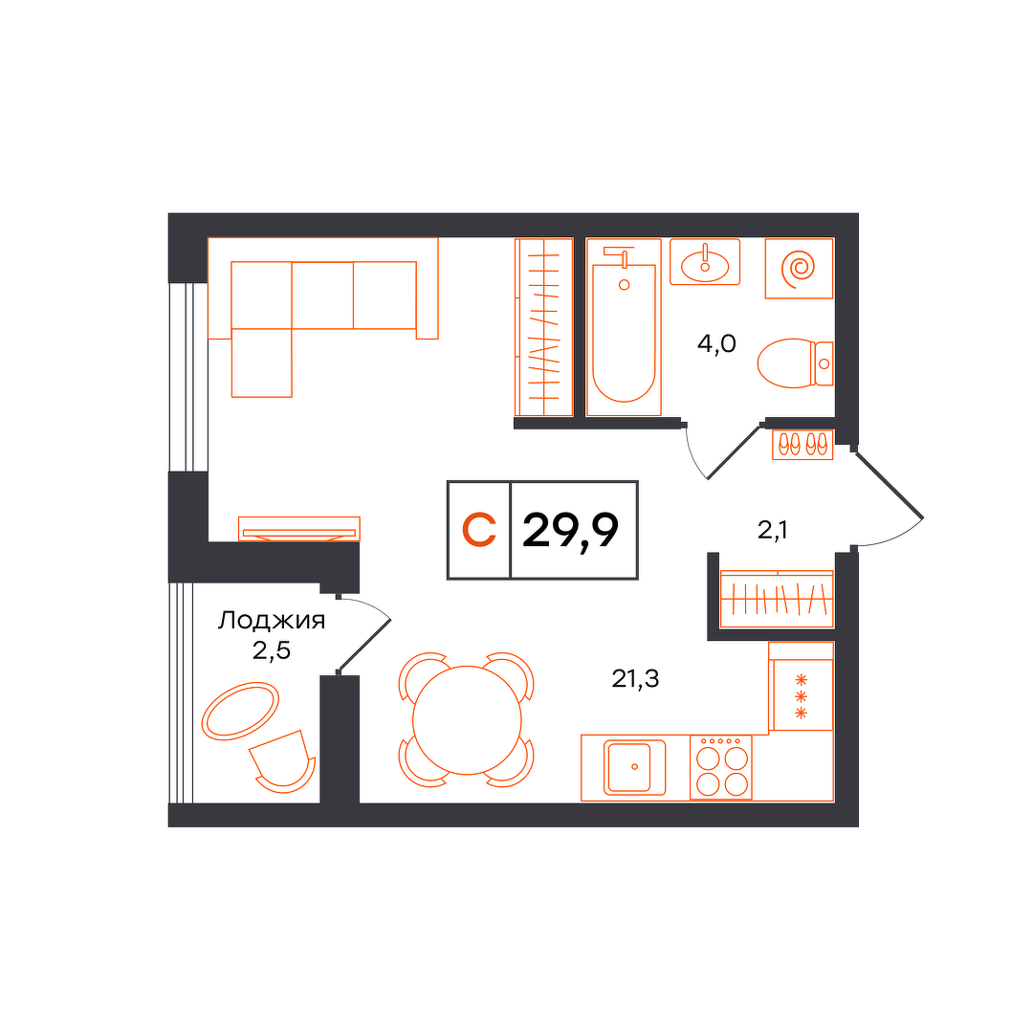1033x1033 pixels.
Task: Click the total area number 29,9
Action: pyautogui.click(x=570, y=531)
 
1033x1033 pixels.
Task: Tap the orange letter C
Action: pyautogui.click(x=479, y=530)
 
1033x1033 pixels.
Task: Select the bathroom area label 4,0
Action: pyautogui.click(x=716, y=344)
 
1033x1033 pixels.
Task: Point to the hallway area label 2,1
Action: pyautogui.click(x=773, y=530)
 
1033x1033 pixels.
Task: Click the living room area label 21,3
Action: pyautogui.click(x=635, y=678)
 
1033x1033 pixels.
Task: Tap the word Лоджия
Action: pyautogui.click(x=272, y=621)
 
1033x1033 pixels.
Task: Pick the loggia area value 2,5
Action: pyautogui.click(x=272, y=651)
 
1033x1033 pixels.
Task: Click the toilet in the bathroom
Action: pyautogui.click(x=795, y=363)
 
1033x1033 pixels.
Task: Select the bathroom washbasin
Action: pyautogui.click(x=705, y=262)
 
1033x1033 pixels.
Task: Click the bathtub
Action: pyautogui.click(x=624, y=327)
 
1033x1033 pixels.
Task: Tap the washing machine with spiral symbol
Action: pyautogui.click(x=799, y=268)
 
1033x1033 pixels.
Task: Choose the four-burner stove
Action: pyautogui.click(x=721, y=767)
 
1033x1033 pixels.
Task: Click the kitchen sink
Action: pyautogui.click(x=634, y=767)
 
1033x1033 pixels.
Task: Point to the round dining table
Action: pyautogui.click(x=467, y=720)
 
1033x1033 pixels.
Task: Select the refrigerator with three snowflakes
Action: pyautogui.click(x=802, y=687)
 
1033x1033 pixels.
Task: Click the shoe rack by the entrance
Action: pyautogui.click(x=802, y=444)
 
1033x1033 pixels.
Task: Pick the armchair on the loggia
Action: pyautogui.click(x=282, y=761)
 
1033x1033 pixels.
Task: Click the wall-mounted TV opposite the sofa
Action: pyautogui.click(x=299, y=529)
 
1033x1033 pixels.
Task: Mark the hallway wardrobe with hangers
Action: pyautogui.click(x=777, y=599)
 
